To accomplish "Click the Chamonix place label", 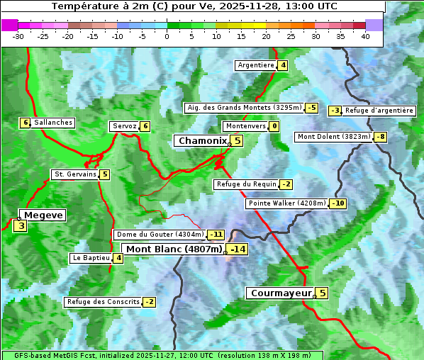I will (x=202, y=141).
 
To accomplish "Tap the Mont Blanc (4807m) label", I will (x=174, y=249).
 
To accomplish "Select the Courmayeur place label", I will (x=281, y=293).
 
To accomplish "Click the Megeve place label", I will (x=43, y=215).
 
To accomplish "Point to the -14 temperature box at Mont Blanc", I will (x=238, y=249).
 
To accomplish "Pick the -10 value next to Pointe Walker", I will (x=338, y=203).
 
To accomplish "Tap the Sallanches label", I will (x=53, y=123).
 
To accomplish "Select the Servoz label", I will (x=124, y=126).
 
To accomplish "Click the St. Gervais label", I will (x=74, y=174).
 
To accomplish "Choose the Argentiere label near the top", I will (x=256, y=65).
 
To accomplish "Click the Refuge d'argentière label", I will (x=379, y=111).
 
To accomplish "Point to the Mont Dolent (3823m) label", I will (x=334, y=137).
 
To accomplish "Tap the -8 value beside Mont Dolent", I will (x=381, y=137).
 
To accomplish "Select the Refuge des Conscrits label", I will (x=103, y=302).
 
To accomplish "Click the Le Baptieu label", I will (x=91, y=258).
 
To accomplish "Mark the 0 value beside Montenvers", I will (x=274, y=126).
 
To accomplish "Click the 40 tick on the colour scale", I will (x=365, y=36).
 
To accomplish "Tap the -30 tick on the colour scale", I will (x=18, y=36).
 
